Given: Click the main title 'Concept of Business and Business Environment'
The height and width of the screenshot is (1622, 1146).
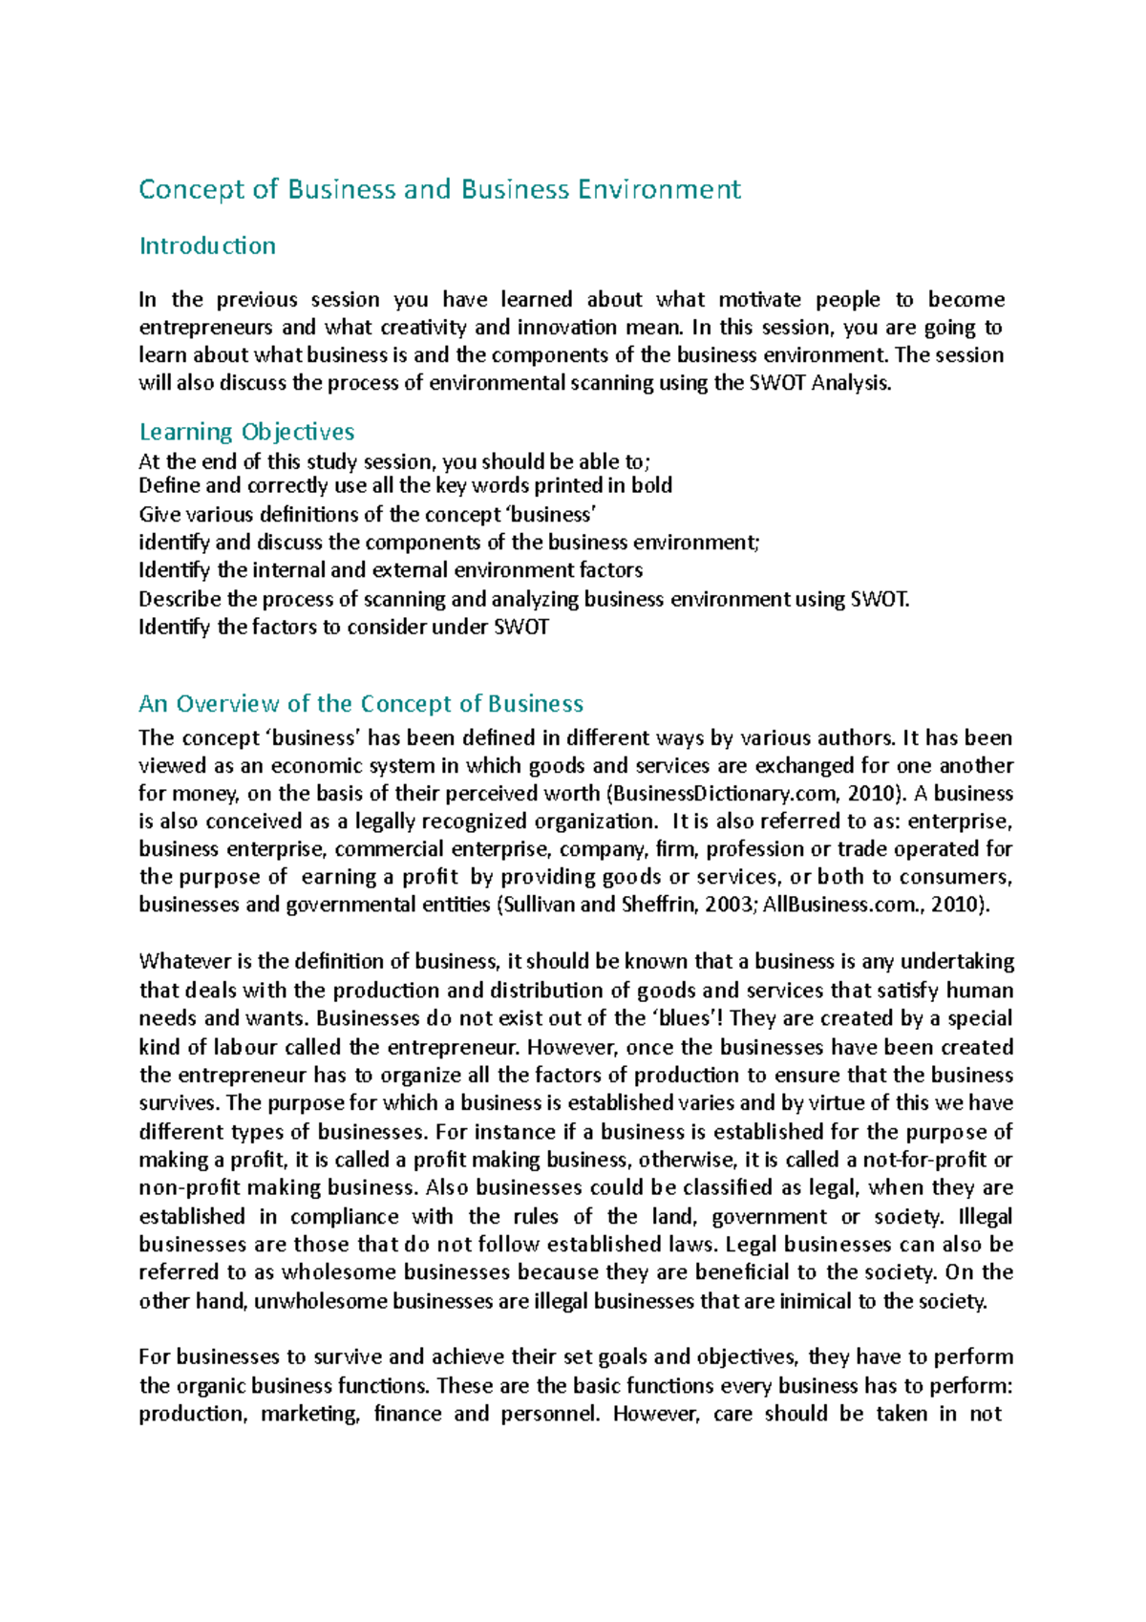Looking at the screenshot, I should [439, 189].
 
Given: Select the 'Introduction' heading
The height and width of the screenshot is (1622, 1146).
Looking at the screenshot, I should [207, 246].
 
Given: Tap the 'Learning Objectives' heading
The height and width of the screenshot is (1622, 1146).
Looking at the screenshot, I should [246, 432].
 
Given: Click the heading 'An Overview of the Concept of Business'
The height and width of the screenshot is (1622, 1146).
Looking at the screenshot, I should [361, 704].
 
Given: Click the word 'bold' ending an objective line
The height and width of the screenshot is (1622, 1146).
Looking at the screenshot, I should [651, 485].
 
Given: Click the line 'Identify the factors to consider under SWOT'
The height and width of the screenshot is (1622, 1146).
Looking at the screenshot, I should [344, 628].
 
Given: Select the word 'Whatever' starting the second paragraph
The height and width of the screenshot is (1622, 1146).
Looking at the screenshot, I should [181, 962].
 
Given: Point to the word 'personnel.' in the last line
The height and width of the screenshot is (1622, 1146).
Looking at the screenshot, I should [552, 1414].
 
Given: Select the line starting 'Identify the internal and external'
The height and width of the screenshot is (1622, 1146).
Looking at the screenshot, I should [391, 570].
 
